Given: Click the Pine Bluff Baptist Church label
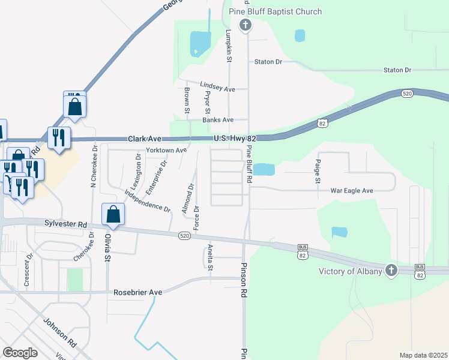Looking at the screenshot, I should (x=276, y=12).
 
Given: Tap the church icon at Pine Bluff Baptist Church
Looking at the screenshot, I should (x=245, y=25).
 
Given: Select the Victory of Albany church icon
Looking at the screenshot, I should (x=391, y=271).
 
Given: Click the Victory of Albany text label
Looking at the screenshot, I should (x=350, y=271).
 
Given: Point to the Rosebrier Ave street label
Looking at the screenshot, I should (x=138, y=292).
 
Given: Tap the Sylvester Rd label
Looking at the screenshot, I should (x=65, y=223).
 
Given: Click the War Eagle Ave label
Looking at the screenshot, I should (x=352, y=191).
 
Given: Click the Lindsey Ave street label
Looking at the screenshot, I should (x=218, y=88).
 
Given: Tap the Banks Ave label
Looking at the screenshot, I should (x=218, y=120).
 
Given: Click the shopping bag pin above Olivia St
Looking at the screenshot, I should (x=113, y=214).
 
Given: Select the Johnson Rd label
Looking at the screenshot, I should (x=59, y=332).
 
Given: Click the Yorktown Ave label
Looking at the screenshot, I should (x=167, y=150).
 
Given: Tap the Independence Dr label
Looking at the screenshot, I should (x=148, y=201).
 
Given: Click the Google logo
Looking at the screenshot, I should (x=20, y=353).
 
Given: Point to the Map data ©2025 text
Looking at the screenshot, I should (x=423, y=355).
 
